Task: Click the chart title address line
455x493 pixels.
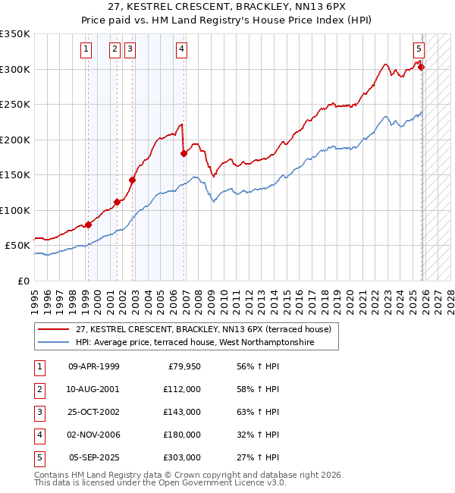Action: click(227, 6)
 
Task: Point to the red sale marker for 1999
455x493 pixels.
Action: click(88, 225)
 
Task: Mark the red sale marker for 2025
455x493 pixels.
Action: click(422, 67)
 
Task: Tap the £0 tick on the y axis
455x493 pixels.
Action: click(23, 281)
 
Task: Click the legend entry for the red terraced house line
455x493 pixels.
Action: click(203, 330)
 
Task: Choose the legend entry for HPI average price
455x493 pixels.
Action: click(194, 343)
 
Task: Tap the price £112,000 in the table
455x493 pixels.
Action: click(181, 389)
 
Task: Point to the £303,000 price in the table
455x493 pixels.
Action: click(181, 457)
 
